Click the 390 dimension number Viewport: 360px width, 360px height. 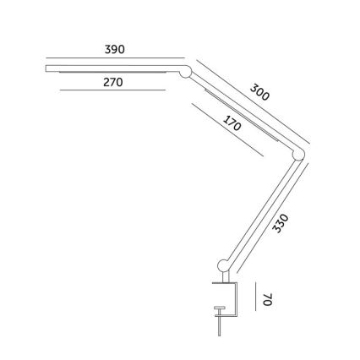tap(114, 49)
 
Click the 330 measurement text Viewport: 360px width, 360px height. tap(282, 224)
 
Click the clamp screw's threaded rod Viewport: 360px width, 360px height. tap(220, 325)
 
